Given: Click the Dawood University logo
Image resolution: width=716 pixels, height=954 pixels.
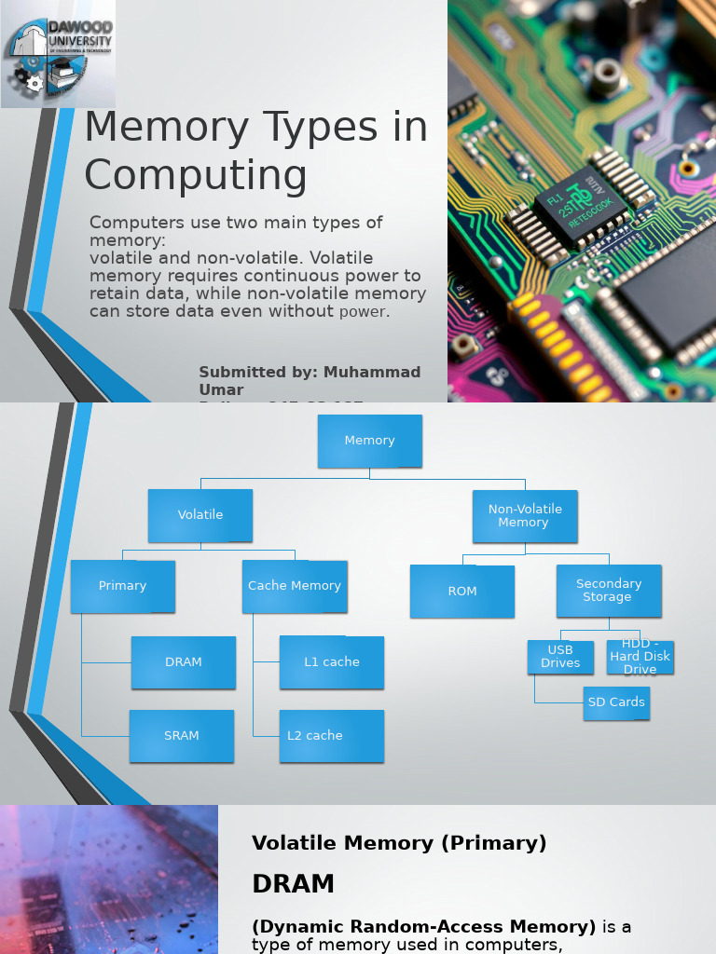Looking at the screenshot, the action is click(x=58, y=54).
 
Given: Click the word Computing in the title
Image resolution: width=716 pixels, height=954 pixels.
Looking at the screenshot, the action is click(x=196, y=175).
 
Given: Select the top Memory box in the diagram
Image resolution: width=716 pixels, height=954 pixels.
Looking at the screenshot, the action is click(x=370, y=441).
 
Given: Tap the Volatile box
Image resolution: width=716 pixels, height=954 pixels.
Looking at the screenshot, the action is click(x=200, y=515).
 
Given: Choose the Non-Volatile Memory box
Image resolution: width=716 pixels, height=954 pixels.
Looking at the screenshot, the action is click(x=524, y=516).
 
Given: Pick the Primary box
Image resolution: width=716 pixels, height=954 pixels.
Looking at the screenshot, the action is click(x=123, y=586).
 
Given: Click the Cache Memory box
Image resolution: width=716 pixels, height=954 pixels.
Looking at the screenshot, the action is click(x=295, y=586).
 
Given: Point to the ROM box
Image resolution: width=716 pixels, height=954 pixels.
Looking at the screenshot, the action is click(x=462, y=592).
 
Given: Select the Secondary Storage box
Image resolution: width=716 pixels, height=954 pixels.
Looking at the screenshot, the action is click(x=609, y=591).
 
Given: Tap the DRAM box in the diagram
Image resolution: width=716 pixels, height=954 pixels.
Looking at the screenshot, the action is click(x=184, y=662).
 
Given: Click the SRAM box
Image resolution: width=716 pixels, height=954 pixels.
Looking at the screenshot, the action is click(x=182, y=736).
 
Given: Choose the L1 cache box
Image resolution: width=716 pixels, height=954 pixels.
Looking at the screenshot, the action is click(x=332, y=662).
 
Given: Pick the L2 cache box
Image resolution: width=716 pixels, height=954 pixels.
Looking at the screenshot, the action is click(x=332, y=736).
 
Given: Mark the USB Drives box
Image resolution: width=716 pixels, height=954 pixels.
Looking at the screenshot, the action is click(x=560, y=657).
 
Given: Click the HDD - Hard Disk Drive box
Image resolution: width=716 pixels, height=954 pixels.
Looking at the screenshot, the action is click(x=640, y=657).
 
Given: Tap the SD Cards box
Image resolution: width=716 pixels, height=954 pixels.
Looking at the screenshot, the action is click(x=615, y=702).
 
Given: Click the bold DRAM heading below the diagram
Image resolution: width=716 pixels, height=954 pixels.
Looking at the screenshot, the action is click(x=293, y=883).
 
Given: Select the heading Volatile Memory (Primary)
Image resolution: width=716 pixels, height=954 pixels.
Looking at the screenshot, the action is click(x=399, y=843).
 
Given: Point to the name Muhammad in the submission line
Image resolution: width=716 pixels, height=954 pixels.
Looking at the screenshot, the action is click(x=372, y=372).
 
